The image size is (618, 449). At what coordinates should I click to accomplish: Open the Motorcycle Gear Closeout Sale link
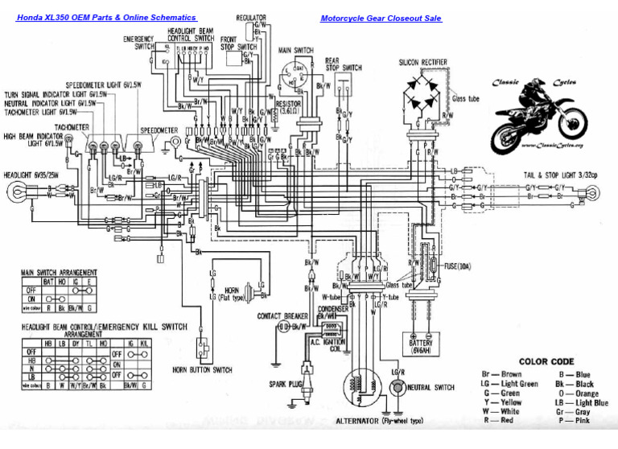point(381,19)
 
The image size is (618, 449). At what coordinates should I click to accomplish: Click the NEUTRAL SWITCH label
point(431,387)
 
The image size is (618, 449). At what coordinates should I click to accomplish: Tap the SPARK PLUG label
point(286,385)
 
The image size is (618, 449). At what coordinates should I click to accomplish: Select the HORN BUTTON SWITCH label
point(202,370)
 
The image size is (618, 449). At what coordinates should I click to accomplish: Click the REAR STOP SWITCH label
point(343,64)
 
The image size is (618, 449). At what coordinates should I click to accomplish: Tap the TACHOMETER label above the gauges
point(72,127)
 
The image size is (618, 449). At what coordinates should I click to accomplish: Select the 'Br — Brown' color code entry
point(501,374)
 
